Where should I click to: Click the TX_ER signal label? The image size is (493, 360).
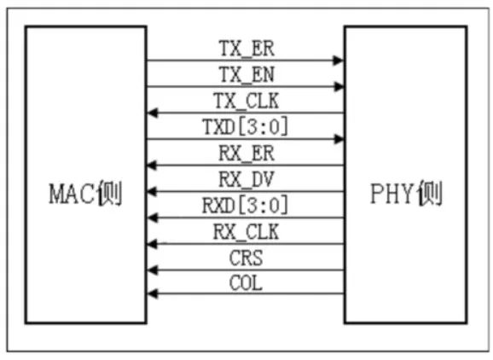(x=246, y=49)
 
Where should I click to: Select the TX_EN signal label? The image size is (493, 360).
(x=246, y=75)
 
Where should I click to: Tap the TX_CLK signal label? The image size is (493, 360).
(x=246, y=102)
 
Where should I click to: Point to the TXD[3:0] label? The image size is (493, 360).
(x=246, y=127)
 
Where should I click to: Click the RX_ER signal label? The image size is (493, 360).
(x=246, y=154)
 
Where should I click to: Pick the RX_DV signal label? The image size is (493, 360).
(x=246, y=180)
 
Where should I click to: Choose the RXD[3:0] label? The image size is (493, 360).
(x=246, y=206)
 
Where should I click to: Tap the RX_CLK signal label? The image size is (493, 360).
(x=246, y=232)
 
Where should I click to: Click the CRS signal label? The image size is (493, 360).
(x=246, y=258)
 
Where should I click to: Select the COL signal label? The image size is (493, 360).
(x=246, y=283)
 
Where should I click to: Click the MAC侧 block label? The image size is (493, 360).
(x=85, y=194)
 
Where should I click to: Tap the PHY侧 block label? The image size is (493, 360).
(x=407, y=193)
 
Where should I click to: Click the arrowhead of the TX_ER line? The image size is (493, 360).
(x=339, y=60)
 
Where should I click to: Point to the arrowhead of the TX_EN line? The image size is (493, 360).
(x=339, y=86)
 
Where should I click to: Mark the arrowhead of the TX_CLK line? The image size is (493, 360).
(x=153, y=113)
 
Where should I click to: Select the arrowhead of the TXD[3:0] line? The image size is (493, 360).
(x=339, y=139)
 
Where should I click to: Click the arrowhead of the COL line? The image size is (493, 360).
(x=153, y=294)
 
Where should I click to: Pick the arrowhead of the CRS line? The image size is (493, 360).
(x=153, y=270)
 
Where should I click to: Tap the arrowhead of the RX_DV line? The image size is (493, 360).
(x=153, y=191)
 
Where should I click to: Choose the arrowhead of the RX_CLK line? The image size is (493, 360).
(x=153, y=244)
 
